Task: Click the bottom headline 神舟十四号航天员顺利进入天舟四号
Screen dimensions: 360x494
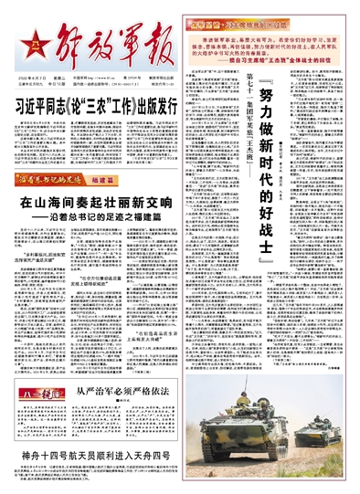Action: (x=110, y=477)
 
